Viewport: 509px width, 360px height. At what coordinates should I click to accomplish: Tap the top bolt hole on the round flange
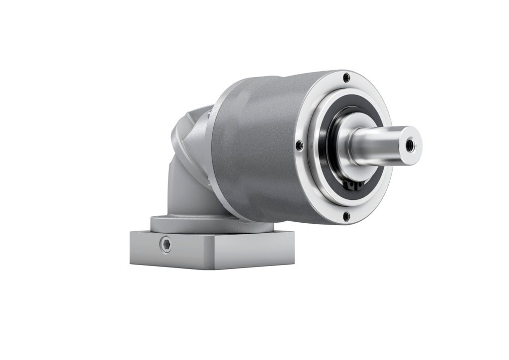[x=346, y=77]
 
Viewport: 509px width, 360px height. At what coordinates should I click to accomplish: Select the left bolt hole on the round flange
[x=299, y=146]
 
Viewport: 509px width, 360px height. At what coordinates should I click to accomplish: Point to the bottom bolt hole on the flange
[x=345, y=215]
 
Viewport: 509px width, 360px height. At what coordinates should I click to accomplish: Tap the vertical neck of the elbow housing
[x=181, y=194]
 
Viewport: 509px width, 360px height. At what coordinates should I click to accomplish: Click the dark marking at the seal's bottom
[x=351, y=185]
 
